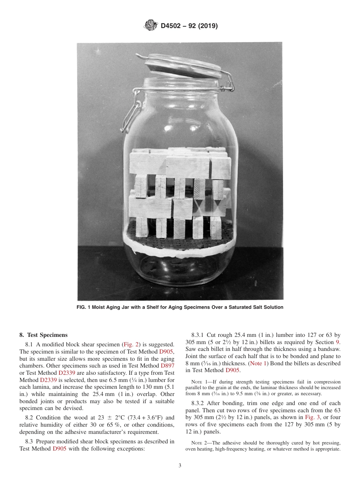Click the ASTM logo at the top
(151, 26)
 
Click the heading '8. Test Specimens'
(43, 335)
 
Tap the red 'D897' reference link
(167, 366)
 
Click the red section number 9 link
(338, 342)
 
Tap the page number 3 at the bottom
(180, 466)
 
